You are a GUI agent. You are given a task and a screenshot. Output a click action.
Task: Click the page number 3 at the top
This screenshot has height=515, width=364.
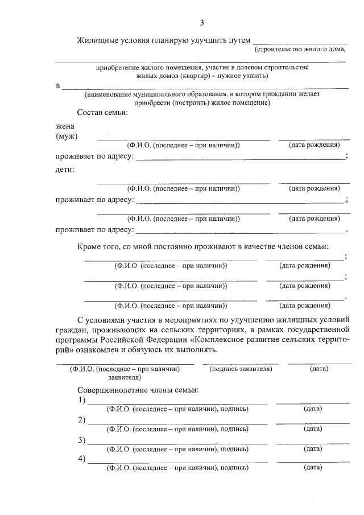click(202, 23)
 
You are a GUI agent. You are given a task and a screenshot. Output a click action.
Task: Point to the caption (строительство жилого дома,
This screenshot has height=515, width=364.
click(300, 50)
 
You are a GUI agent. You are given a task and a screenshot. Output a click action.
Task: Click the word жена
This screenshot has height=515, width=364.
click(65, 126)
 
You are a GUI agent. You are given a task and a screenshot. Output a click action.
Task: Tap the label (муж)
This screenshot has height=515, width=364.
click(67, 136)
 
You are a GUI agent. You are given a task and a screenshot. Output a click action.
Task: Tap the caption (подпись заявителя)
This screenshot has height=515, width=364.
click(241, 369)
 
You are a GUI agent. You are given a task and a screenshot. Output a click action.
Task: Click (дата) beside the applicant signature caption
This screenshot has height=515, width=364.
click(318, 369)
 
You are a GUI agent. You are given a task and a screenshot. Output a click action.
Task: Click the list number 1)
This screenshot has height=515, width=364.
click(81, 401)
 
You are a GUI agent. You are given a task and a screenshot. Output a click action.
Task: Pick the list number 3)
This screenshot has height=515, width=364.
click(81, 440)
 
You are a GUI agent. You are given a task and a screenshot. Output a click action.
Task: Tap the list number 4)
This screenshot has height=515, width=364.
click(81, 459)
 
